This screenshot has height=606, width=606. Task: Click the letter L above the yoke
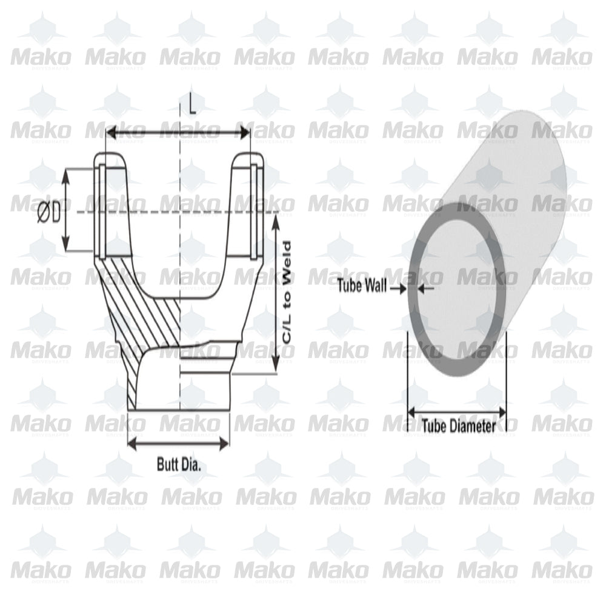pyautogui.click(x=192, y=107)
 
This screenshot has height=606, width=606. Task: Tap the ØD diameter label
pyautogui.click(x=48, y=213)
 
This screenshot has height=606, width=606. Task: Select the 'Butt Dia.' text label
pyautogui.click(x=179, y=465)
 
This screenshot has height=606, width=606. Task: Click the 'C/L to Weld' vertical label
pyautogui.click(x=287, y=294)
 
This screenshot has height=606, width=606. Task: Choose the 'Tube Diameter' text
pyautogui.click(x=458, y=426)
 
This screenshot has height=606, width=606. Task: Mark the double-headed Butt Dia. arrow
pyautogui.click(x=179, y=444)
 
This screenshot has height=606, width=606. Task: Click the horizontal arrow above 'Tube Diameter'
pyautogui.click(x=457, y=411)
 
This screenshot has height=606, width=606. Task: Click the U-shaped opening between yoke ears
pyautogui.click(x=180, y=242)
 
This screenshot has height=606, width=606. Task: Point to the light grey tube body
pyautogui.click(x=521, y=182)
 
